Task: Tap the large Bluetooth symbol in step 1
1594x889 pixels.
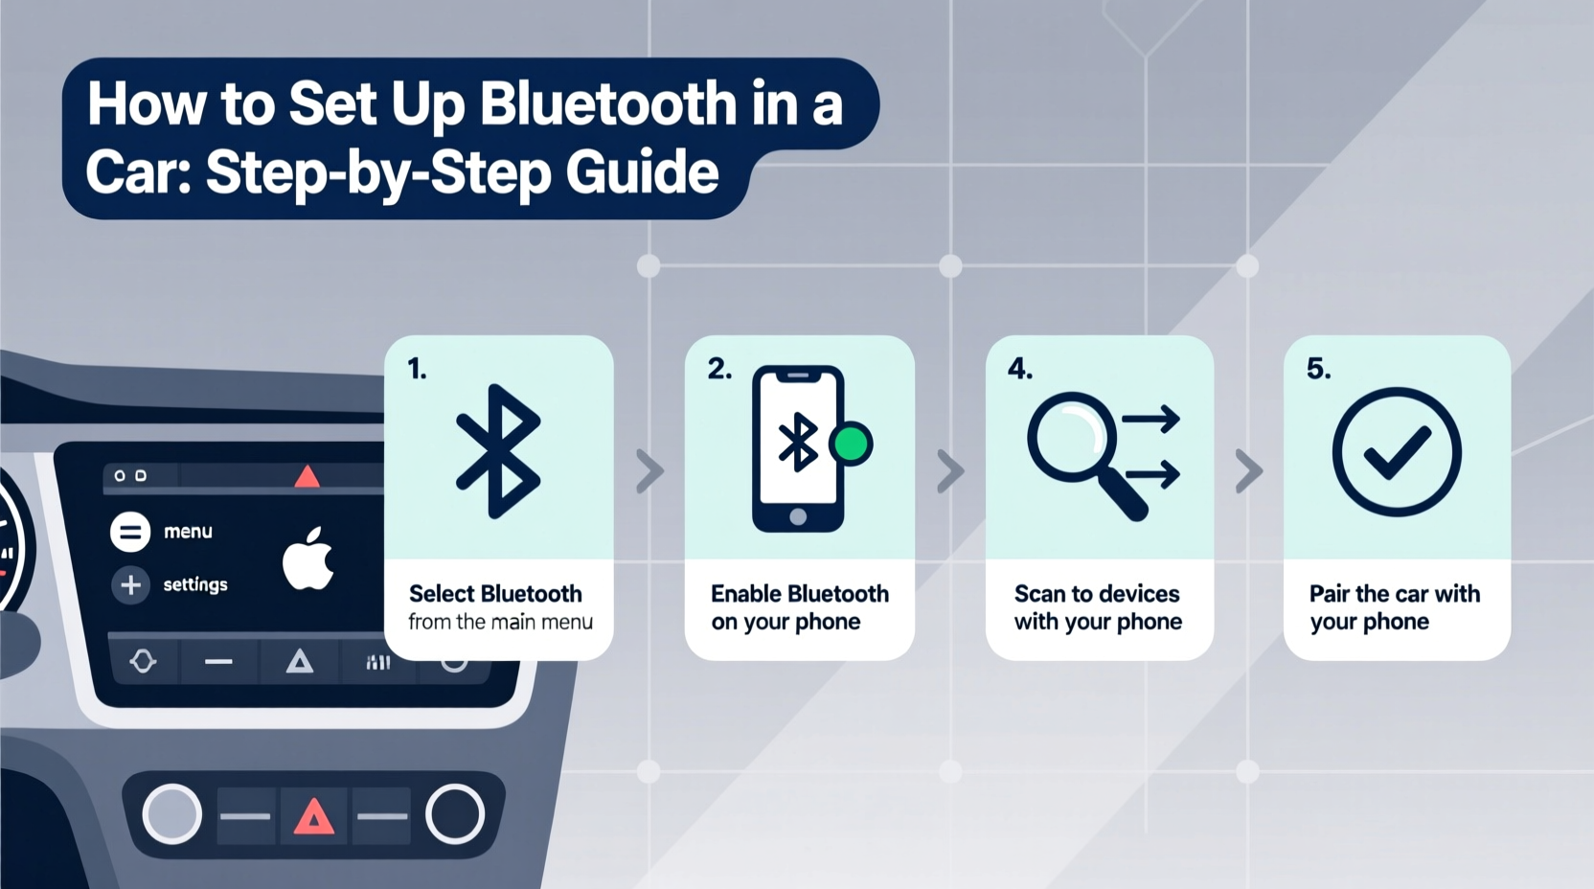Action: pos(498,451)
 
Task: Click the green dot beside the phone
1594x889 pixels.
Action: pos(851,444)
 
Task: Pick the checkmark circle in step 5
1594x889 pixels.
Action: pos(1397,451)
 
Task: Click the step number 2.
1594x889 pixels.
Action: pos(719,369)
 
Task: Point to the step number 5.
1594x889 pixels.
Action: pos(1318,369)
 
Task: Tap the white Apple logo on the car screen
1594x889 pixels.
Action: pos(308,558)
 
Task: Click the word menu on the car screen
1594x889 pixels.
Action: pos(188,532)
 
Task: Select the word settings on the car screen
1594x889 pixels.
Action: pos(195,584)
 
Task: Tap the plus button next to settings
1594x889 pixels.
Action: pos(131,584)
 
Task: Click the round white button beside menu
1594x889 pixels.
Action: pos(130,532)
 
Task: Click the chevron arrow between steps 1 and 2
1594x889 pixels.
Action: pos(650,471)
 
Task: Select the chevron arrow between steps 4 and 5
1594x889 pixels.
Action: pos(1248,471)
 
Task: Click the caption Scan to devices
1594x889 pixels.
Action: pos(1097,594)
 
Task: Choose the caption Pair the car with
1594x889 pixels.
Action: pos(1394,594)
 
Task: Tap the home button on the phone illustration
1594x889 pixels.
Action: pos(798,517)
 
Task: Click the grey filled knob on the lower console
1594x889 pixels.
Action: pos(172,814)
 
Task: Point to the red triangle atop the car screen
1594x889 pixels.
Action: pos(307,476)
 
